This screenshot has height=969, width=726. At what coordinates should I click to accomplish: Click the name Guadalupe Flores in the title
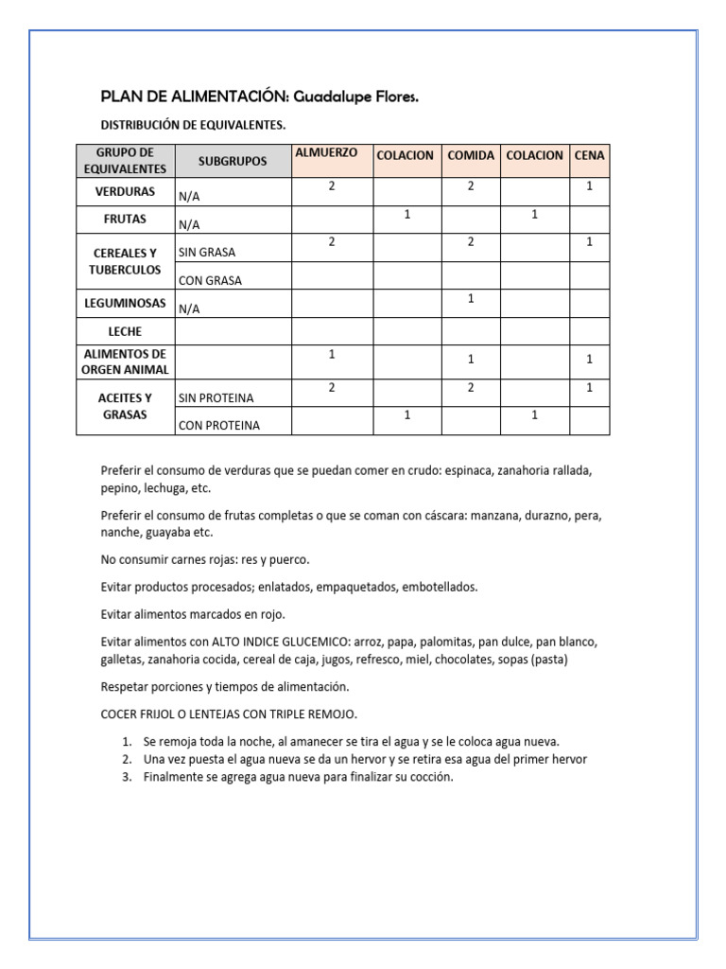pos(356,97)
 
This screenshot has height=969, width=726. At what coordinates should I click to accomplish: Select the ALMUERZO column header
pos(326,153)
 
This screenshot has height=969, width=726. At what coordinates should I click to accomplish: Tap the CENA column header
pos(590,155)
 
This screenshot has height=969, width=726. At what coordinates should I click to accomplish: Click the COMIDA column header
pos(471,155)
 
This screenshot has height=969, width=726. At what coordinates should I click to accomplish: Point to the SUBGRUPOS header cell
pos(233,162)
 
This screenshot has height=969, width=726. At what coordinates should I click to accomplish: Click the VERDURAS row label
pos(125,191)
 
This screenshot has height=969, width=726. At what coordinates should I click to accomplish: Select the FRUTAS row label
pos(125,219)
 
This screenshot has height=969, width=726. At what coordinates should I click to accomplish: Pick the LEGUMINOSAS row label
pos(125,303)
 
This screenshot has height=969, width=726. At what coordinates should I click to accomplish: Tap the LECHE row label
pos(125,332)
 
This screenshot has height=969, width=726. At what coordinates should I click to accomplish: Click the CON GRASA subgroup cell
pos(210,281)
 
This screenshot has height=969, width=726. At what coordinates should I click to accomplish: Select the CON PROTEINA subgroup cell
pos(219,426)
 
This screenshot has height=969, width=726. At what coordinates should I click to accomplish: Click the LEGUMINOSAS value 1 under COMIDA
pos(471,299)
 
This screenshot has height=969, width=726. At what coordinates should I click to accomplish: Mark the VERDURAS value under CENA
pos(590,186)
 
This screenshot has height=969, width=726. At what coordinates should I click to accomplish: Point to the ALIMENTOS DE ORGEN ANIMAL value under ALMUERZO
pos(332,354)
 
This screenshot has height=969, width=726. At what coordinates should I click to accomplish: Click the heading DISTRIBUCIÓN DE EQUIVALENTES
pos(193,125)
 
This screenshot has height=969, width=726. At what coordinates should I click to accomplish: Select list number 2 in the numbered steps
pos(127,759)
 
